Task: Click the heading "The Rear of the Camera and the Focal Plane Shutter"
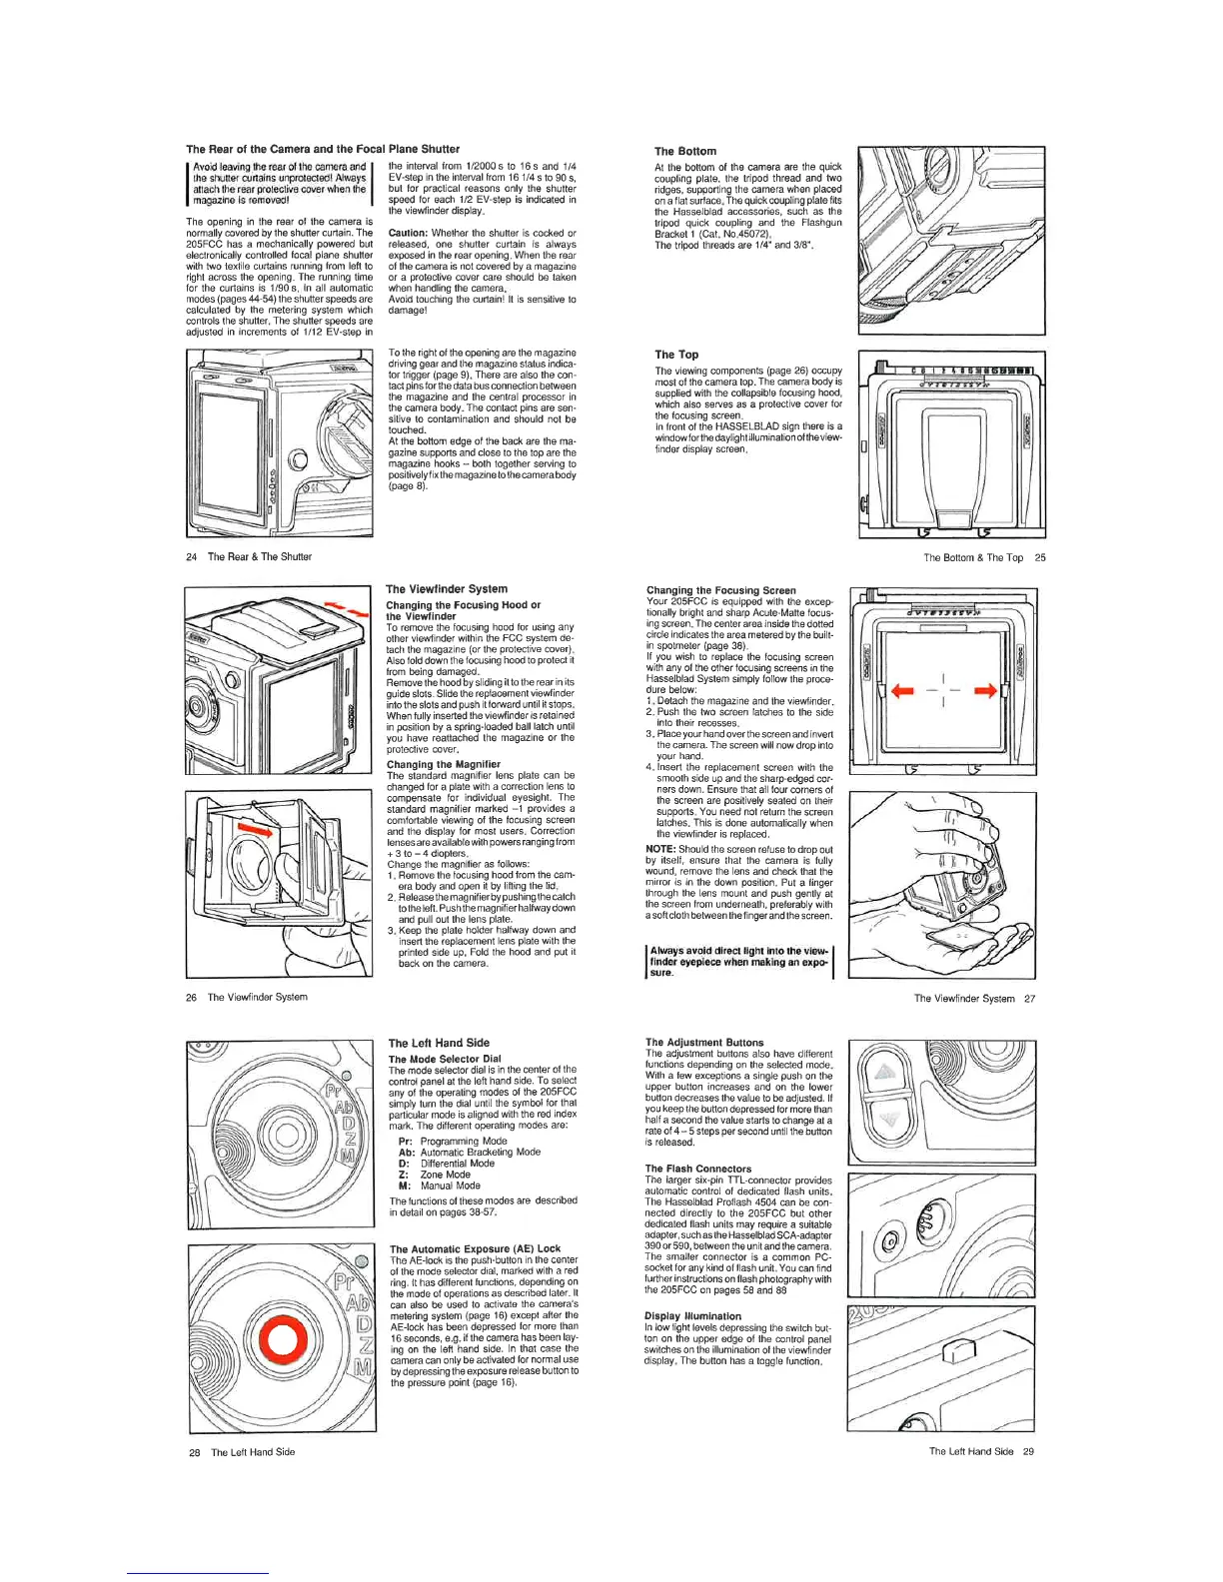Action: click(x=323, y=149)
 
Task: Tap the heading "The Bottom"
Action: click(x=684, y=152)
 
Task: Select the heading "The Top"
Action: click(x=676, y=355)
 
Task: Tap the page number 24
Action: click(x=191, y=557)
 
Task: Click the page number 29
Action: click(x=1028, y=1452)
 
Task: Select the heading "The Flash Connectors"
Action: click(x=697, y=1169)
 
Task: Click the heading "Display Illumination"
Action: click(x=692, y=1316)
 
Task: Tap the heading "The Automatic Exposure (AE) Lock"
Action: click(x=475, y=1249)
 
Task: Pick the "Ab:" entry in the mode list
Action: click(x=407, y=1152)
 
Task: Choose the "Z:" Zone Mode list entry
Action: click(x=404, y=1175)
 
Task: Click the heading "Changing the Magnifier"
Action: click(x=443, y=764)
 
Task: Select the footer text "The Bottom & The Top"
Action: click(x=972, y=558)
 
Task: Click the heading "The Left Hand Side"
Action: click(x=439, y=1043)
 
